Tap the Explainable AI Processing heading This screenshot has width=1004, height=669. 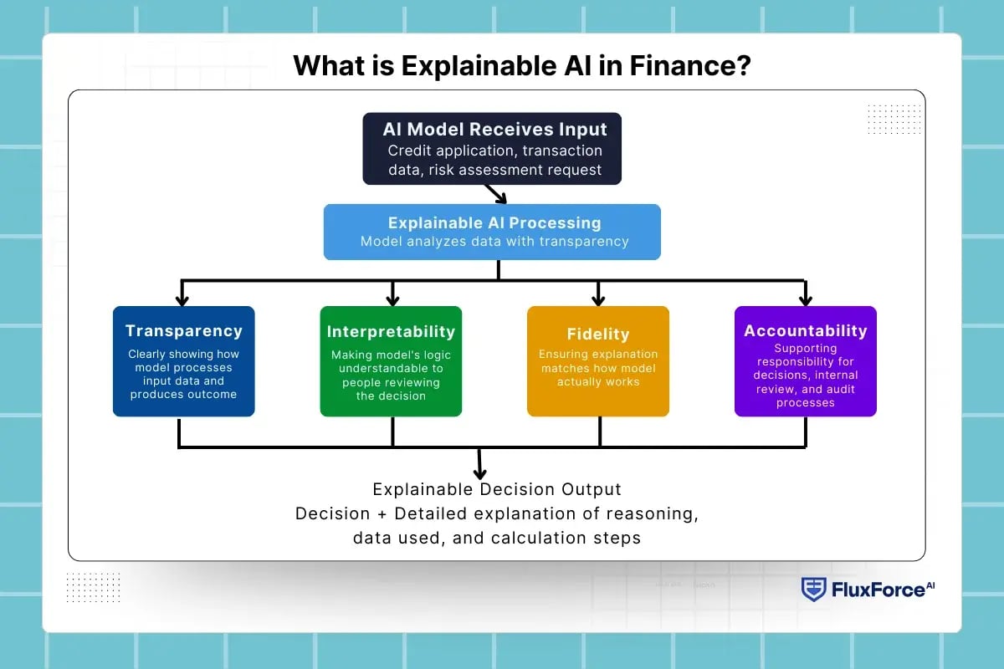(494, 223)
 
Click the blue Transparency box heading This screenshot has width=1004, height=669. (184, 331)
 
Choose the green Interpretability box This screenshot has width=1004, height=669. (391, 361)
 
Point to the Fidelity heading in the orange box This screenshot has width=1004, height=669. (597, 334)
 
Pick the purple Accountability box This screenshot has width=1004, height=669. (805, 361)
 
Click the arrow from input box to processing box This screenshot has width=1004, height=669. (496, 194)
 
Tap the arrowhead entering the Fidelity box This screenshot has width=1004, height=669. (598, 299)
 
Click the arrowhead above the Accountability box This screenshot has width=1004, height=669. (805, 299)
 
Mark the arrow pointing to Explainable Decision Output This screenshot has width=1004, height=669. (480, 468)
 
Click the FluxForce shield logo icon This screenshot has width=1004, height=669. (813, 590)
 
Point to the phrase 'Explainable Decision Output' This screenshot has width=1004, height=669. (497, 488)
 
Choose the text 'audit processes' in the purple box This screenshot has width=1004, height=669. (805, 396)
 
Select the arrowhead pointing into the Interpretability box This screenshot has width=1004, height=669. (392, 299)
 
